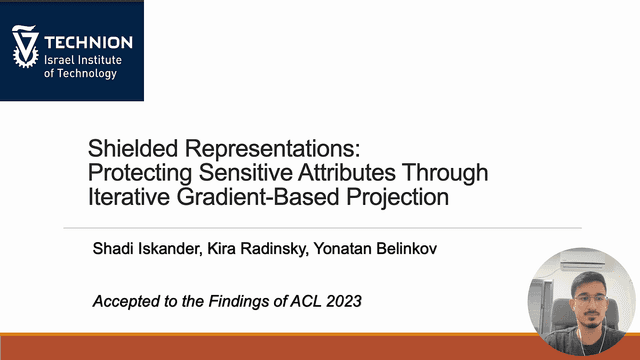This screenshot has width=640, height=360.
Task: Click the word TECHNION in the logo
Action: pyautogui.click(x=88, y=42)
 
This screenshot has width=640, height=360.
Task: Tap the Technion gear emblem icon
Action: pyautogui.click(x=25, y=46)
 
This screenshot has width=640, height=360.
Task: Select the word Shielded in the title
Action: pyautogui.click(x=133, y=148)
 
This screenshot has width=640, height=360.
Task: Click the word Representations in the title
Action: pyautogui.click(x=273, y=149)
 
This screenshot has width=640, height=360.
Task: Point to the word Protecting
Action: pyautogui.click(x=140, y=173)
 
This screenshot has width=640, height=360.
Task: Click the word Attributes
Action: pyautogui.click(x=347, y=172)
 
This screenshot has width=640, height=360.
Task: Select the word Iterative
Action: pyautogui.click(x=129, y=197)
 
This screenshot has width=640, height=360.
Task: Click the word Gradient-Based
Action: pyautogui.click(x=258, y=197)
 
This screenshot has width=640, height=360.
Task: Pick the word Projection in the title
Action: pyautogui.click(x=398, y=198)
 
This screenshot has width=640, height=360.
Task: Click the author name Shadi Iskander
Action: pyautogui.click(x=147, y=248)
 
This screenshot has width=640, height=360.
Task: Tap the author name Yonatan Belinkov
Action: pyautogui.click(x=375, y=248)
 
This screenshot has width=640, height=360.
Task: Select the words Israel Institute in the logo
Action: pyautogui.click(x=83, y=60)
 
